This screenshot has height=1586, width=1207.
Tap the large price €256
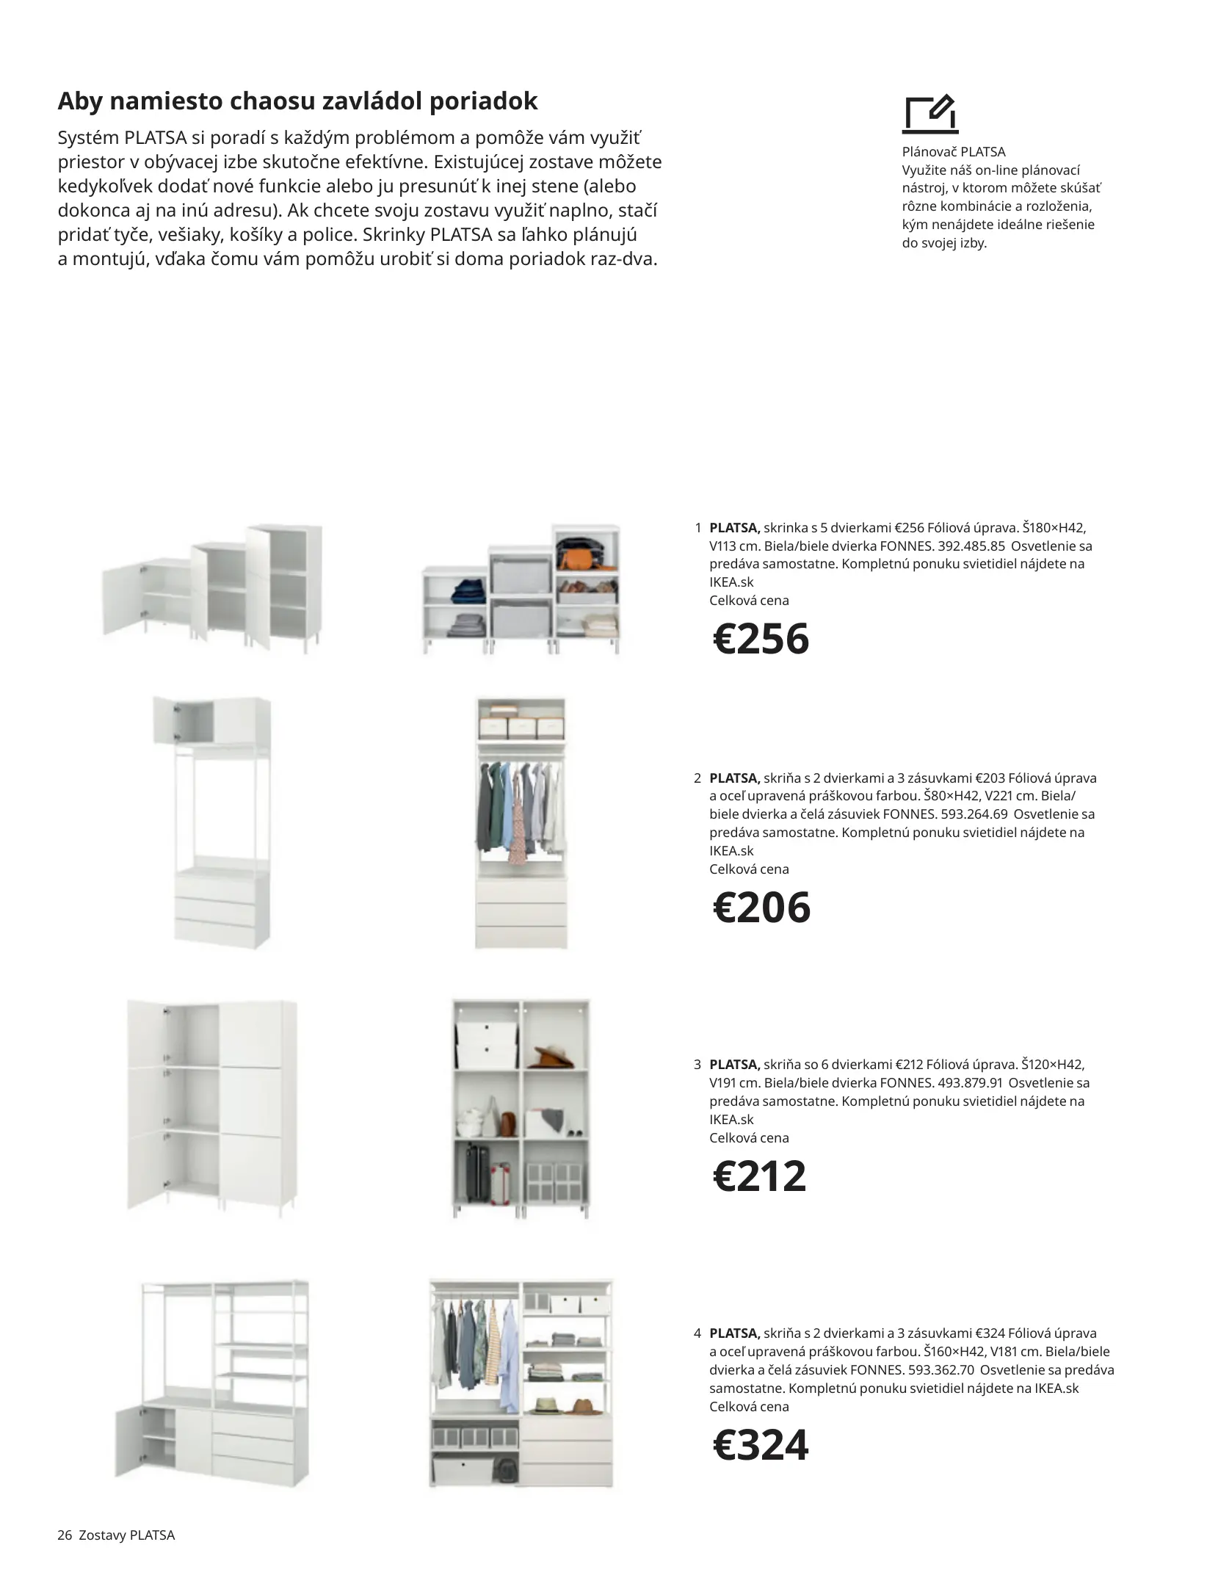(761, 639)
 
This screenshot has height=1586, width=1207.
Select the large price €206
(761, 908)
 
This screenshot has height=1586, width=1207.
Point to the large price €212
(759, 1176)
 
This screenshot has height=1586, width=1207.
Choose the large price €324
(761, 1445)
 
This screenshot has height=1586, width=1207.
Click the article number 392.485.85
(971, 546)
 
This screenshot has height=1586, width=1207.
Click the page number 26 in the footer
(65, 1535)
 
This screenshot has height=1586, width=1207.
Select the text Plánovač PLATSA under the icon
(953, 152)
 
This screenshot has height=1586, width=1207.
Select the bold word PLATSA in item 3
(734, 1065)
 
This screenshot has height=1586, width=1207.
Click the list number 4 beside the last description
(697, 1333)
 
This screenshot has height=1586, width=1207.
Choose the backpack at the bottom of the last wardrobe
(504, 1469)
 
